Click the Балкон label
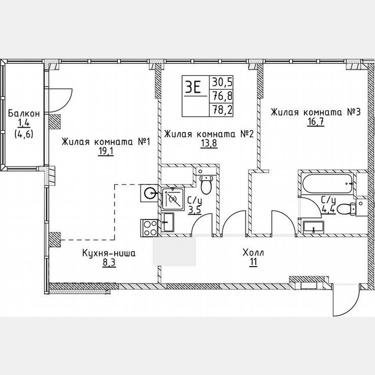(24, 114)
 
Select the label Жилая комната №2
(209, 134)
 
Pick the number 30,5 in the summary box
(221, 82)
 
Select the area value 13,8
(209, 145)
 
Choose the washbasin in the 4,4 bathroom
(313, 227)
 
